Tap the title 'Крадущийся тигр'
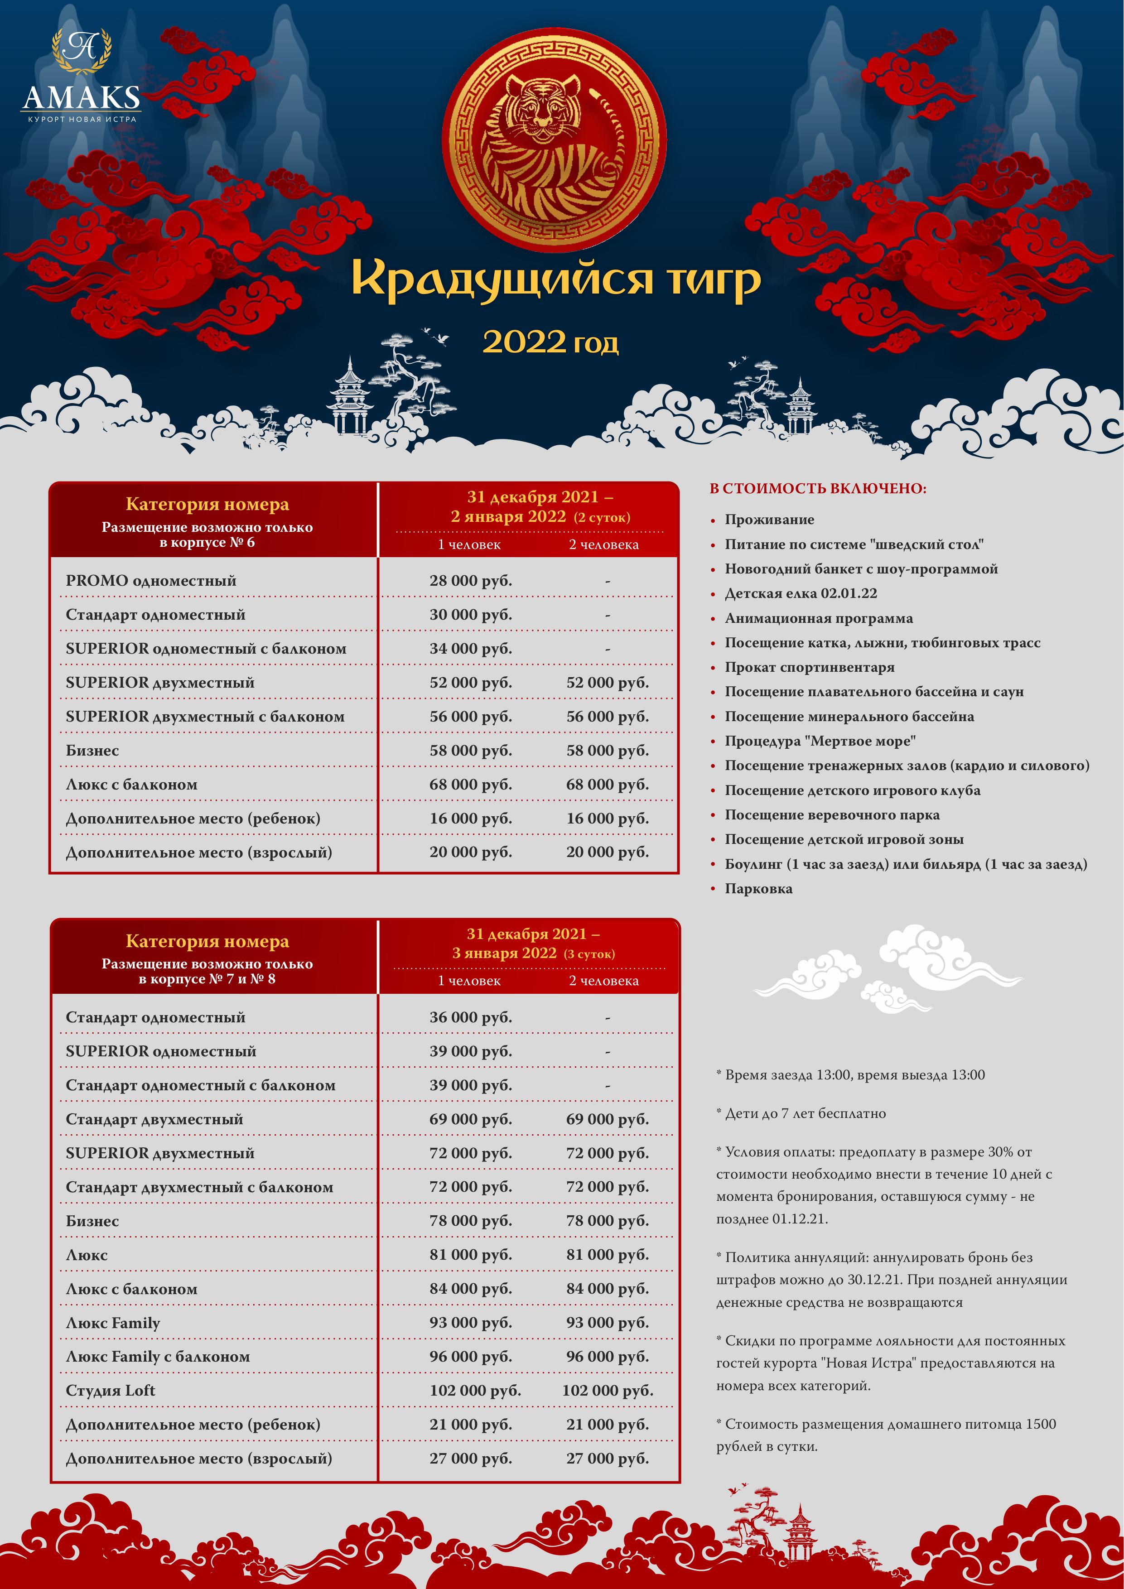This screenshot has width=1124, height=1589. (556, 279)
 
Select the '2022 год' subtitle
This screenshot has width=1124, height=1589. (550, 342)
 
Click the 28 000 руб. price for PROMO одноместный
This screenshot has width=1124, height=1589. (471, 581)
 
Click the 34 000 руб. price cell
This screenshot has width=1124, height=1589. (471, 649)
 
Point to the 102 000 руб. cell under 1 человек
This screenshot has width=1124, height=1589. (475, 1391)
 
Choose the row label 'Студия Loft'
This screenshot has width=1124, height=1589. (110, 1391)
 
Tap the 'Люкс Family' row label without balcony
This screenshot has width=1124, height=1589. (113, 1323)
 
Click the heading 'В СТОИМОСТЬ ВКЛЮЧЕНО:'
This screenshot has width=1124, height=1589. (817, 489)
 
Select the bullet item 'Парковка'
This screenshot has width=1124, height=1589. (758, 889)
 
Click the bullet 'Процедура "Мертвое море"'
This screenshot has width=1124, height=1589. (820, 741)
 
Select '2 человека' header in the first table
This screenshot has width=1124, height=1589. (603, 544)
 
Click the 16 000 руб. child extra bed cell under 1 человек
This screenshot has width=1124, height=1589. (471, 818)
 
